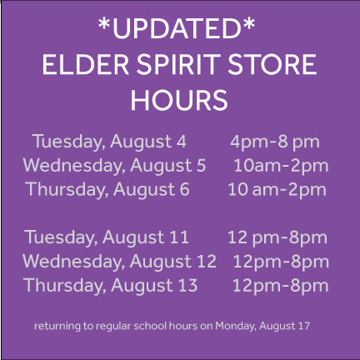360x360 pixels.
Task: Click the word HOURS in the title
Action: click(179, 100)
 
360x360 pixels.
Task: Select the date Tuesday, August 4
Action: click(108, 142)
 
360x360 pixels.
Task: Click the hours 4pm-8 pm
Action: click(275, 142)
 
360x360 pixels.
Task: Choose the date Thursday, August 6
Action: click(107, 189)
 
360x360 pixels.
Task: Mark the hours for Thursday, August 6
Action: click(277, 189)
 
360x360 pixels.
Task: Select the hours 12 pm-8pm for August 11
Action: click(277, 237)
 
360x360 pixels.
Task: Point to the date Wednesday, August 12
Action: click(119, 262)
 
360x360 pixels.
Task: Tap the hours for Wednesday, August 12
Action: click(281, 262)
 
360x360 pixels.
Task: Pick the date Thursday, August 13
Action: click(111, 286)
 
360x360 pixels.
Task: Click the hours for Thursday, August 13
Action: click(280, 286)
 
